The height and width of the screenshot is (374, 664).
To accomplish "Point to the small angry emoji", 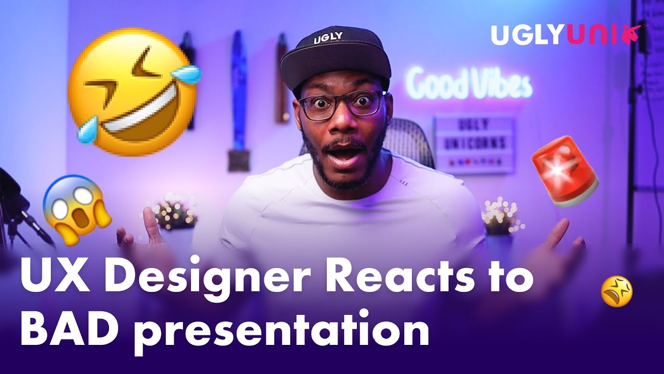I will coord(616,291).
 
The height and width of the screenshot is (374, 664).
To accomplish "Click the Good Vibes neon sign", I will coord(469,85).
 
